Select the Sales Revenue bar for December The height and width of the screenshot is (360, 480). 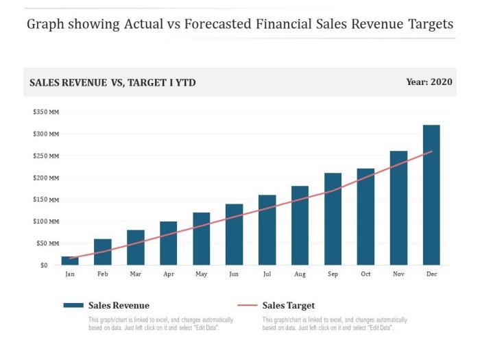point(431,195)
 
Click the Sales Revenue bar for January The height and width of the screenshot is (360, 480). point(70,261)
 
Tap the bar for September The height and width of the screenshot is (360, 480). point(333,219)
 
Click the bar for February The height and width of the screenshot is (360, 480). point(103,252)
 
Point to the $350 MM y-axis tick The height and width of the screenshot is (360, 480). point(46,112)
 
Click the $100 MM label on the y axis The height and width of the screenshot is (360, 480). point(46,221)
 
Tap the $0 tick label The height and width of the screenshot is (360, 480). point(44,265)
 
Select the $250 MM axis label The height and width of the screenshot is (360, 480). point(46,156)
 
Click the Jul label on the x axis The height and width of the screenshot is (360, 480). point(267,274)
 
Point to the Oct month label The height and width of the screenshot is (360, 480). point(365,274)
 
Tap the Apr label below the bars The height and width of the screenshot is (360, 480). point(169,274)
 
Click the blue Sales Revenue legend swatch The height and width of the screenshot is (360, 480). point(73,306)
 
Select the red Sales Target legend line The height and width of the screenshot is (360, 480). point(247,306)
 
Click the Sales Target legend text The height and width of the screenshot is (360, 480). point(289,306)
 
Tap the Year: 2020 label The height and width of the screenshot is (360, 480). point(429,82)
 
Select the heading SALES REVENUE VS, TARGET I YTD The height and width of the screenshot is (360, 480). point(112,82)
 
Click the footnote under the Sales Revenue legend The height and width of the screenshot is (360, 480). point(160,324)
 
